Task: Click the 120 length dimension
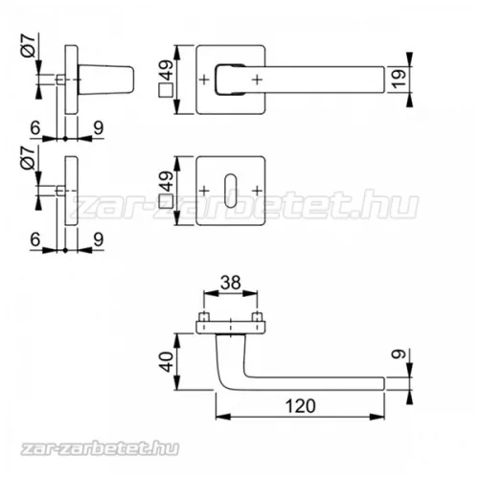(x=300, y=406)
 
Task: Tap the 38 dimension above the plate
(x=231, y=283)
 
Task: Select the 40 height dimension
(x=167, y=362)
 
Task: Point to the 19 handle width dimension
(x=399, y=79)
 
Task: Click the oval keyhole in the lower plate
(x=231, y=191)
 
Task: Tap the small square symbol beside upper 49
(x=166, y=90)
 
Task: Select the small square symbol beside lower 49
(x=166, y=202)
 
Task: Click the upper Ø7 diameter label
(x=28, y=46)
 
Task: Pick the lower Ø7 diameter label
(x=28, y=157)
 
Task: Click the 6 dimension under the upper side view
(x=35, y=127)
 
